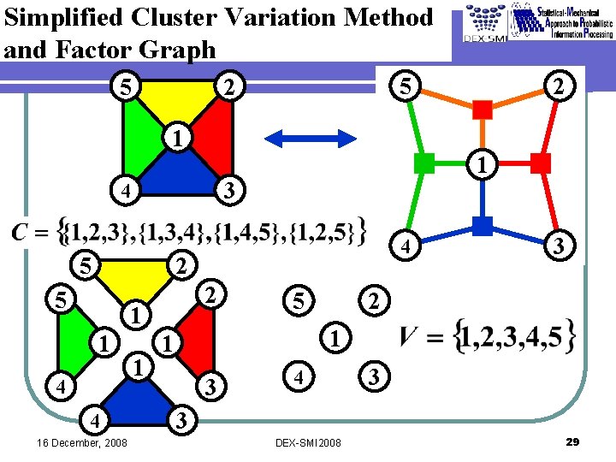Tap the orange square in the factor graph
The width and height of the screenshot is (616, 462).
[483, 109]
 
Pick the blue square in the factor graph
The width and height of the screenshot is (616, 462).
[482, 225]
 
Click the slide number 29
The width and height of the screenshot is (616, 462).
[573, 441]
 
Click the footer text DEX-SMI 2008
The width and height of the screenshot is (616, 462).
[309, 442]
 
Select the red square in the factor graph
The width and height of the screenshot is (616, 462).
[541, 162]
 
